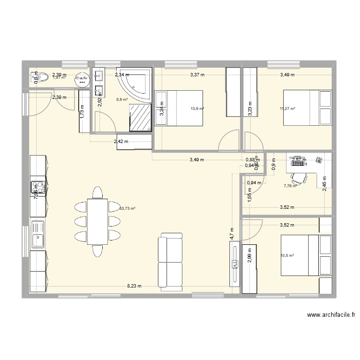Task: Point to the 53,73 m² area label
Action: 128,208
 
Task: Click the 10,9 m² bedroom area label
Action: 197,109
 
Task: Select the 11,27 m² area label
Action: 288,109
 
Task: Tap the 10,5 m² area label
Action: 288,256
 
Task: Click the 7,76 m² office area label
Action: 290,186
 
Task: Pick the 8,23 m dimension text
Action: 134,286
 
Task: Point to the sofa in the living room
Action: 171,262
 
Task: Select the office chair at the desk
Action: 300,177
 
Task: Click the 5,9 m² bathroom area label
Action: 121,100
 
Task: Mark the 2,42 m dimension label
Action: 120,142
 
